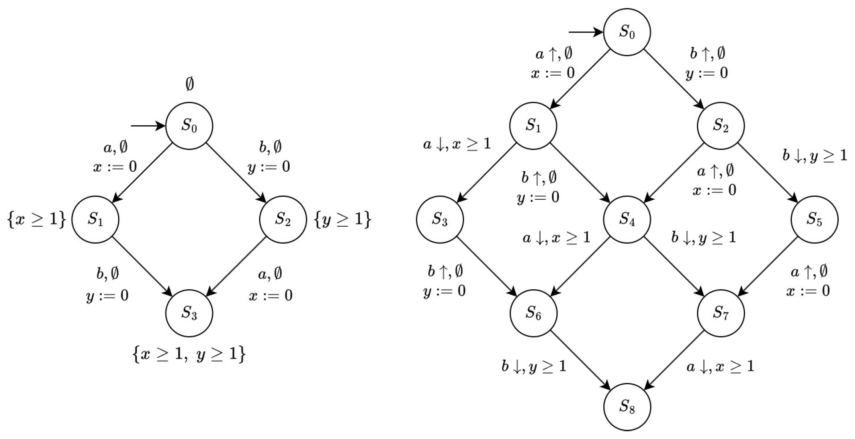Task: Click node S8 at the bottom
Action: coord(627,407)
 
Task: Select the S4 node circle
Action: coord(627,219)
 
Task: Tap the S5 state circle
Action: coord(814,219)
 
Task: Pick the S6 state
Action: coord(533,313)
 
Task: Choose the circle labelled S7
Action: coord(721,313)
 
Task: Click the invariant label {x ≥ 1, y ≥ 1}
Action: coord(189,354)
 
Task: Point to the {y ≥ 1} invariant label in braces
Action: coord(342,219)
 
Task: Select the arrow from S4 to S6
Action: coord(580,266)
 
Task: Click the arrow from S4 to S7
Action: coord(674,266)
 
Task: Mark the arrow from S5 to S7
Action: coord(768,266)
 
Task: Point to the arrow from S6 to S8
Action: coord(580,360)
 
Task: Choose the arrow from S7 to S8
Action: coord(674,360)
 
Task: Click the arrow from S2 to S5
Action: coord(768,173)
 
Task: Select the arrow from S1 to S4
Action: coord(580,173)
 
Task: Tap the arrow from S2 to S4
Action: coord(674,173)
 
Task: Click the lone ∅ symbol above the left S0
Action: coord(189,85)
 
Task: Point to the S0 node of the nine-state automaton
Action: coord(627,32)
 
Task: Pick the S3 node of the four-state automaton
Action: coord(189,313)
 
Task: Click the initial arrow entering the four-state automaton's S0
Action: coord(148,126)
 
